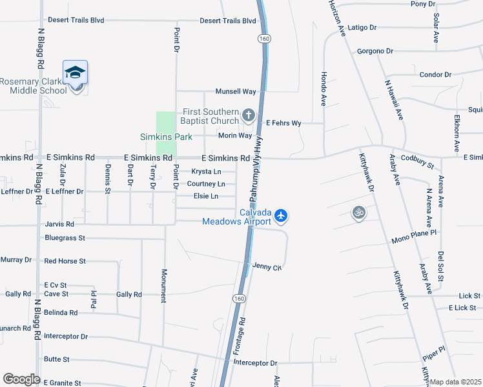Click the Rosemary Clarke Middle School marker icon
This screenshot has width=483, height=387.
[x=76, y=73]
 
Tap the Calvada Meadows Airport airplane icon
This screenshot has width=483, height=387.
[x=281, y=215]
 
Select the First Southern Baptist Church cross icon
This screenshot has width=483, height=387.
[x=249, y=117]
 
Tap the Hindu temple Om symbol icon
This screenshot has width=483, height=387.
[x=358, y=212]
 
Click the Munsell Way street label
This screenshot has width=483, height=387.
[x=236, y=92]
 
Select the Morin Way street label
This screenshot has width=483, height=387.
[x=235, y=135]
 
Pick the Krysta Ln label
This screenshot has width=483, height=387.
[x=207, y=172]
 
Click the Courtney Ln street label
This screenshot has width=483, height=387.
[x=206, y=184]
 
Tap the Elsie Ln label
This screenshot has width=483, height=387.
[x=206, y=196]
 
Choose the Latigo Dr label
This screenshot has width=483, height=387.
[x=362, y=28]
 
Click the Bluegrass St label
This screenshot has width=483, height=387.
[x=65, y=238]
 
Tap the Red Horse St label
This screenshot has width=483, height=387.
[x=65, y=261]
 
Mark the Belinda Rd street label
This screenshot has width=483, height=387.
[x=61, y=313]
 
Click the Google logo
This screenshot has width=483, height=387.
[x=21, y=379]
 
